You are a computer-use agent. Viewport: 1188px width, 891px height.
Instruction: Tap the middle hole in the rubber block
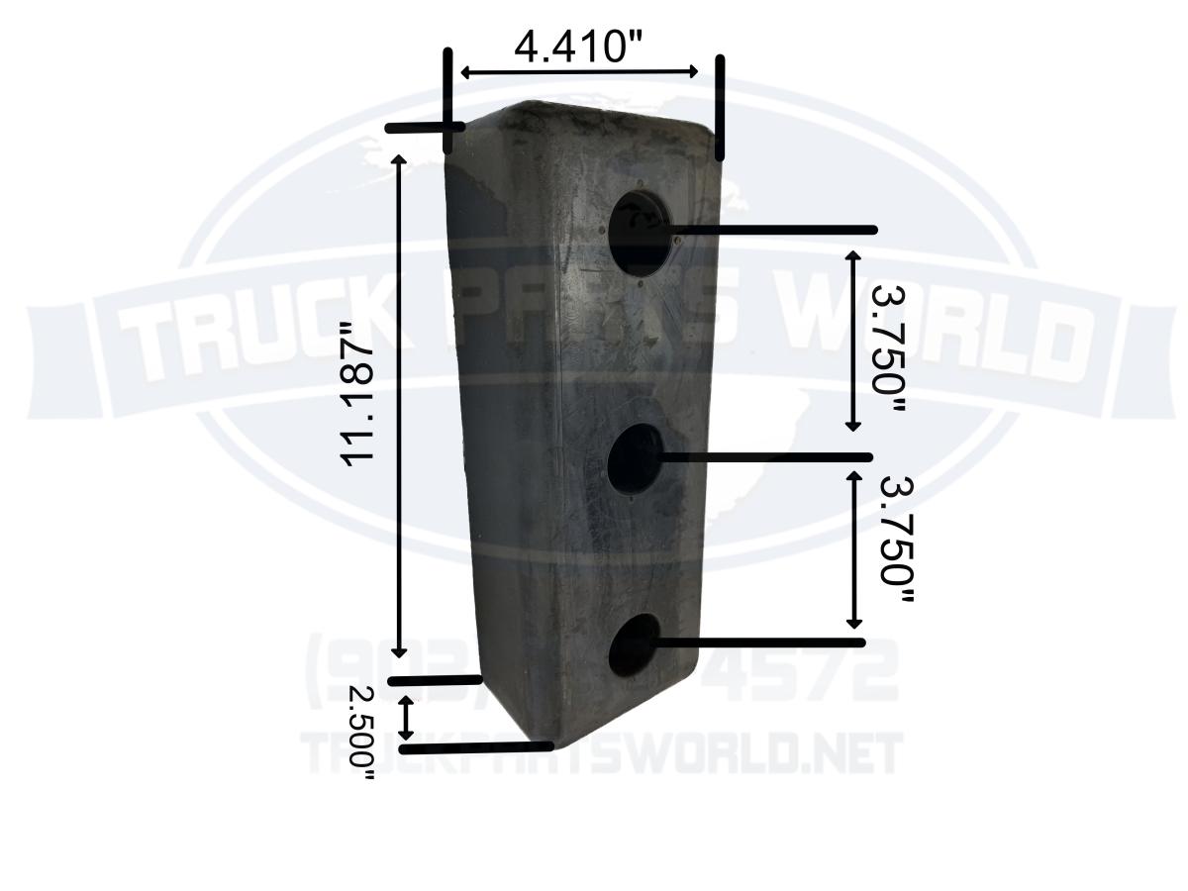(635, 458)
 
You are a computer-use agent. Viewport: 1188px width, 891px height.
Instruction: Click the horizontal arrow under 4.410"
(580, 72)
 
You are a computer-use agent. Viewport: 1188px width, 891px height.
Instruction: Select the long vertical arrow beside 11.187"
(400, 406)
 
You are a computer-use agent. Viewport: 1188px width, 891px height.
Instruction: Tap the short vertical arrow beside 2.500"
(406, 718)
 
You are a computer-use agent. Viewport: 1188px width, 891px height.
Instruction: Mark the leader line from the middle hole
(762, 457)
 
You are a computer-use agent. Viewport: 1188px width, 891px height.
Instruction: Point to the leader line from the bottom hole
(757, 643)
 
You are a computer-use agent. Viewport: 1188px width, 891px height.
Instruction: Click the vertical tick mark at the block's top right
(720, 107)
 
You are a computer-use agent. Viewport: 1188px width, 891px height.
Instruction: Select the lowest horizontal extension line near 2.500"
(475, 747)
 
